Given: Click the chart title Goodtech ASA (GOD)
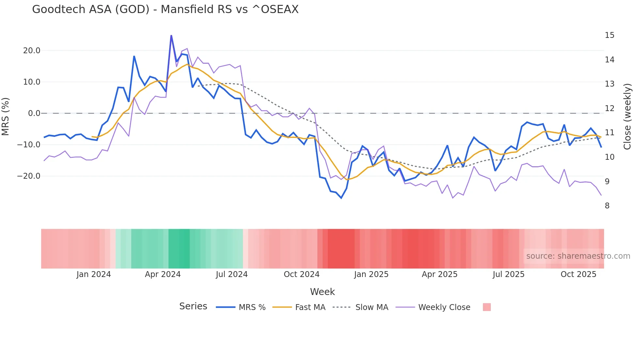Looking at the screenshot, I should click(165, 9).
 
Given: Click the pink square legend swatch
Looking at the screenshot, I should click(487, 307).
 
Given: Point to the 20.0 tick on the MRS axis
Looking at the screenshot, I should click(32, 51).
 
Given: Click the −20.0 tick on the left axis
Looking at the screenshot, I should click(29, 176).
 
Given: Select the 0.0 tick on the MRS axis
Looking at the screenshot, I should click(34, 113).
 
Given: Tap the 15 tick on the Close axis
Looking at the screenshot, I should click(609, 35).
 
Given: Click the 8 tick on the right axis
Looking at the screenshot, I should click(607, 206).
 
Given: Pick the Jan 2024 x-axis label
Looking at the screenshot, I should click(94, 274).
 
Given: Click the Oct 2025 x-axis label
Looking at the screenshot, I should click(578, 274).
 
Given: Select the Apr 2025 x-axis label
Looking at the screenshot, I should click(440, 274).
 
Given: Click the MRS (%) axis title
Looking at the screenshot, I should click(6, 116).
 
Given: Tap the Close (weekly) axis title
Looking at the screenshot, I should click(627, 117).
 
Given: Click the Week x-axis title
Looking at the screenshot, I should click(322, 292).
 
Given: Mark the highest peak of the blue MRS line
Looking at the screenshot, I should click(171, 35).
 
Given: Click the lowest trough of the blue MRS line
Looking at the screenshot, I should click(341, 198).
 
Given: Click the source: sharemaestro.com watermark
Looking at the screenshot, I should click(578, 256).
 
